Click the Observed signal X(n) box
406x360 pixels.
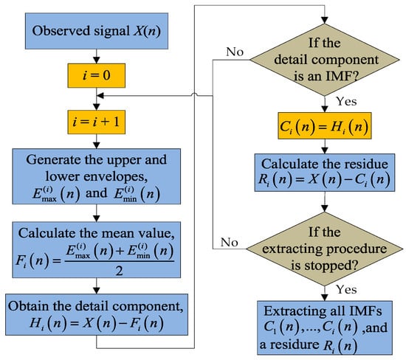pyautogui.click(x=96, y=31)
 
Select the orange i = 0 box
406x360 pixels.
pyautogui.click(x=96, y=75)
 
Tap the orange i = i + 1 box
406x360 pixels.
pyautogui.click(x=96, y=122)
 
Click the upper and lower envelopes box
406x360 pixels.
pyautogui.click(x=96, y=176)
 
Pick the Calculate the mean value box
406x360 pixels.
pyautogui.click(x=96, y=250)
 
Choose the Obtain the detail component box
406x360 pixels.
pyautogui.click(x=97, y=314)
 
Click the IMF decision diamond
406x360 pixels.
pyautogui.click(x=325, y=60)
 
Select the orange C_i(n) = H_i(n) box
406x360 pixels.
pyautogui.click(x=325, y=126)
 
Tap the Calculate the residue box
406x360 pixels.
pyautogui.click(x=325, y=173)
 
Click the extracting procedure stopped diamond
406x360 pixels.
pyautogui.click(x=325, y=249)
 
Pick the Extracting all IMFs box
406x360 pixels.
pyautogui.click(x=325, y=328)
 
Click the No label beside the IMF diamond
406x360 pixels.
pyautogui.click(x=235, y=52)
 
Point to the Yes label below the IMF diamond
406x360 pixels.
pyautogui.click(x=346, y=101)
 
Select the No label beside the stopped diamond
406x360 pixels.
pyautogui.click(x=230, y=243)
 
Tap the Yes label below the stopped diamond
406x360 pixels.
pyautogui.click(x=346, y=289)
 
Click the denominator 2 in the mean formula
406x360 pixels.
pyautogui.click(x=119, y=271)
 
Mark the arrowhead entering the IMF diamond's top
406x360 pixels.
pyautogui.click(x=325, y=21)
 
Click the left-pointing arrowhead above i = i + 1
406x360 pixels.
pyautogui.click(x=100, y=96)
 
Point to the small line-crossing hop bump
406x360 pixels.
pyautogui.click(x=194, y=95)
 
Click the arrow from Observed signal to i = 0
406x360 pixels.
pyautogui.click(x=96, y=56)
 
